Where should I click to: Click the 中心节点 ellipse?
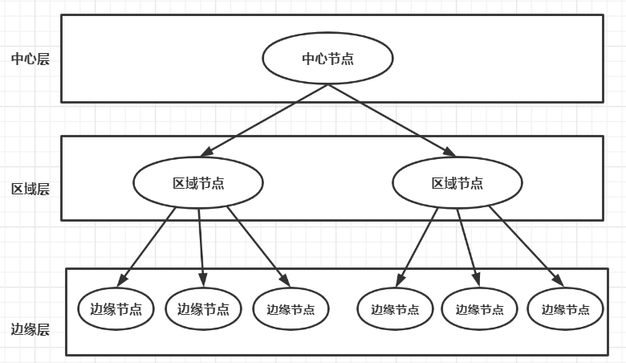pos(327,59)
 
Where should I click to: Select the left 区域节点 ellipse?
pos(198,182)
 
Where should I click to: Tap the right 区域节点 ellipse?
pos(457,182)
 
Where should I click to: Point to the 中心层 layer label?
pos(30,59)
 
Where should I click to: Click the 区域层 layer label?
pos(30,190)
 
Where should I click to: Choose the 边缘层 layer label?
pos(30,329)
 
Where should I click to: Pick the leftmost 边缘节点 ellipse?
pos(116,308)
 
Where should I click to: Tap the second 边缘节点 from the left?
pos(203,308)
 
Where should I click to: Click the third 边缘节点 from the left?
pos(291,309)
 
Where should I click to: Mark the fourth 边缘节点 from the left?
pos(395,309)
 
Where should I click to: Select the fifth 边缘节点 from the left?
pos(480,309)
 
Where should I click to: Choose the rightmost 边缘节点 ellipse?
pos(566,309)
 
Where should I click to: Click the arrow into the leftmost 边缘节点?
pos(147,245)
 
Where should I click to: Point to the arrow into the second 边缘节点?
pos(201,245)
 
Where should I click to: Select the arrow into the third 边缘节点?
pos(258,245)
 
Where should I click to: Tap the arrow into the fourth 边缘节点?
pos(417,245)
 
